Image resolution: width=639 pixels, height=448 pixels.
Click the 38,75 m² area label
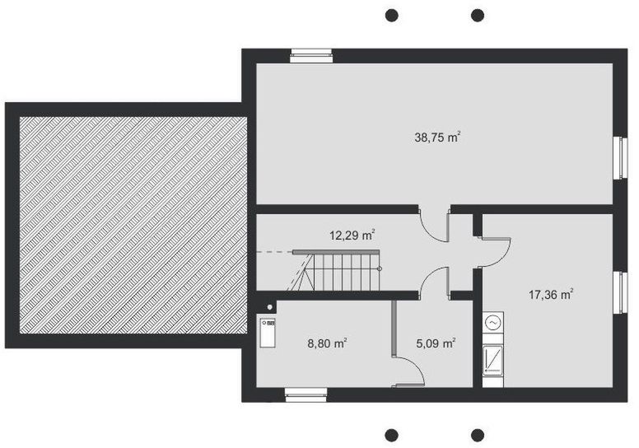(x=436, y=138)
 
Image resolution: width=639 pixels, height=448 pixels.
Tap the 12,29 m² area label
(x=352, y=236)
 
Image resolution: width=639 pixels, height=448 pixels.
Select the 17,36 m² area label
(x=550, y=293)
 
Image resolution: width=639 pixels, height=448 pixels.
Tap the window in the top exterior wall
(x=311, y=55)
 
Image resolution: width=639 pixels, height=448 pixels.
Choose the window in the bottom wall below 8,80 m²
(x=306, y=395)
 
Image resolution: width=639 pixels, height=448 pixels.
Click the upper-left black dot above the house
(x=392, y=15)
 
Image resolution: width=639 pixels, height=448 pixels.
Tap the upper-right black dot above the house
(x=478, y=15)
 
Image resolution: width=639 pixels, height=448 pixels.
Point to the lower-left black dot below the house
(x=392, y=434)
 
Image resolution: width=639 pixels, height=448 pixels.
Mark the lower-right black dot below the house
(x=478, y=434)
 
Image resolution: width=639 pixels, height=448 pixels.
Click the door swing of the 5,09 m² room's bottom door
(x=409, y=370)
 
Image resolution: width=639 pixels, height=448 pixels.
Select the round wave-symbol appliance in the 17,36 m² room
(x=492, y=324)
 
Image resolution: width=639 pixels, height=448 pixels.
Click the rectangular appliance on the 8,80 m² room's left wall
(x=268, y=334)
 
